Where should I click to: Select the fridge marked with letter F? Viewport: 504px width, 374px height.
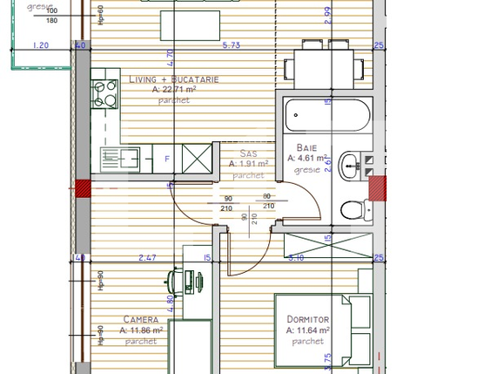click(x=165, y=160)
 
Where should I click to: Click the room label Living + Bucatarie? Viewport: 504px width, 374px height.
click(x=173, y=79)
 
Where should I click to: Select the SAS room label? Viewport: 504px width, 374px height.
click(x=247, y=153)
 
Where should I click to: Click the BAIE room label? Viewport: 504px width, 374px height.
click(x=306, y=147)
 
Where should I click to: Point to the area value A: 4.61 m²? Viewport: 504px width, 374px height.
click(x=308, y=159)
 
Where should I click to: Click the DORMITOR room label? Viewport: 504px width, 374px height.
click(x=308, y=320)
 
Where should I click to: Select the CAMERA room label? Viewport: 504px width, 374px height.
click(x=140, y=320)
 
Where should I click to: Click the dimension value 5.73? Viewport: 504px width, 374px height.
click(x=231, y=45)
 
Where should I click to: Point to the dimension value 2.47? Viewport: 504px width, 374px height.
click(x=146, y=257)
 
